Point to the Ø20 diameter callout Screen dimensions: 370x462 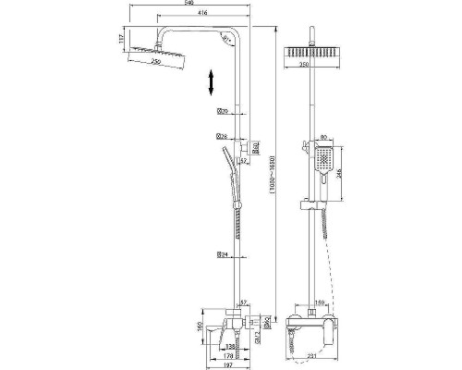pyautogui.click(x=222, y=112)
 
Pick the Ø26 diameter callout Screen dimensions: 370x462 pyautogui.click(x=222, y=135)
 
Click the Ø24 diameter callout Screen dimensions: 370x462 pyautogui.click(x=222, y=253)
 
